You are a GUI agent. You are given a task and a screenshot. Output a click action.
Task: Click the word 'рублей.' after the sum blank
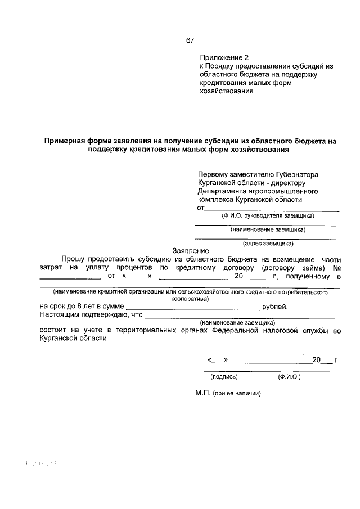(276, 307)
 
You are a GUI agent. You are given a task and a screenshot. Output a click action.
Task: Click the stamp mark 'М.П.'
(202, 394)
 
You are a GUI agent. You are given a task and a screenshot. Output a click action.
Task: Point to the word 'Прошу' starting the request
(73, 259)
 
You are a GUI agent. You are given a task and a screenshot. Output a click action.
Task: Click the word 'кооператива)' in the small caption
(190, 299)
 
